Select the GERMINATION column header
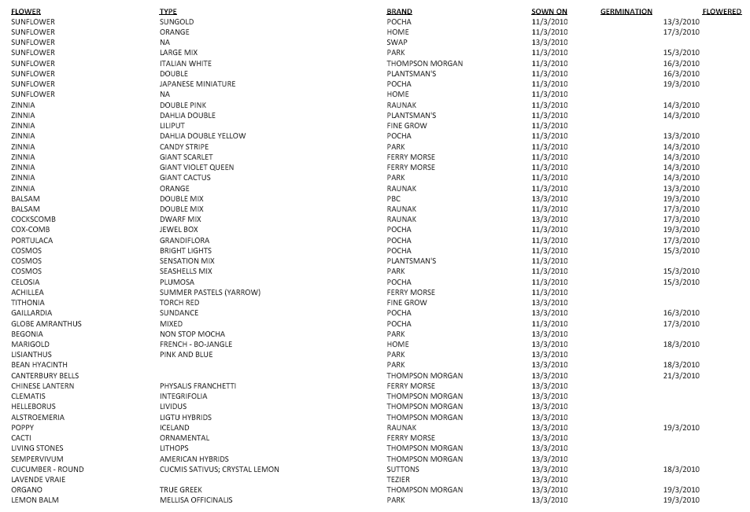[626, 12]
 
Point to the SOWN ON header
[549, 12]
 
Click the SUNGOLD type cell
[176, 22]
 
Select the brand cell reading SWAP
[397, 42]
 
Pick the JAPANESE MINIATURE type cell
[197, 84]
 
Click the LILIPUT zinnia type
[173, 126]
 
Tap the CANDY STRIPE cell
[184, 146]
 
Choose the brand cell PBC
[393, 199]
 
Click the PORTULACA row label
[32, 241]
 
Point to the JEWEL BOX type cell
[178, 230]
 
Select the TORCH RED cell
[179, 303]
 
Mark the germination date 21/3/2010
[681, 376]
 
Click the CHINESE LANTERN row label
[42, 386]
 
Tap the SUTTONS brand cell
[403, 470]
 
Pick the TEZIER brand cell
[398, 480]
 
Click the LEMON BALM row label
[35, 500]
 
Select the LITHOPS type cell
[173, 448]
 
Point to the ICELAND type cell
[174, 428]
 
